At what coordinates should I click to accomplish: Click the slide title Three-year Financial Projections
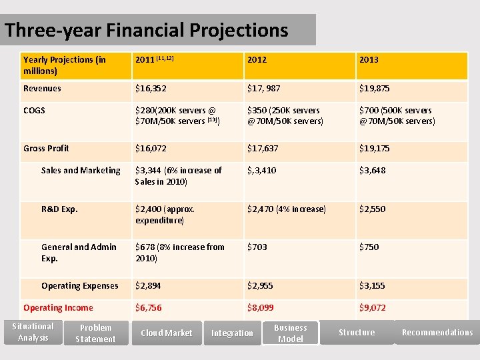[147, 31]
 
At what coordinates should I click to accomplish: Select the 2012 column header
[257, 60]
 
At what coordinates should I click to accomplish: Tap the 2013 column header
[369, 60]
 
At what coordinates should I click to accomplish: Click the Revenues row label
[42, 89]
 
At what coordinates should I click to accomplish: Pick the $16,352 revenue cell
[151, 89]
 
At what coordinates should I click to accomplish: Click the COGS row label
[34, 111]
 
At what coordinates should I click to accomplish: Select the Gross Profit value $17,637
[263, 149]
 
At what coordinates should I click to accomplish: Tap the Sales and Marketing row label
[81, 171]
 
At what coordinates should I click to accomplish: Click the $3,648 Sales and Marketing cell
[373, 171]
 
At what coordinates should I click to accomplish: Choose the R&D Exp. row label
[59, 209]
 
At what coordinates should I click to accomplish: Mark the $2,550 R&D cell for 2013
[372, 209]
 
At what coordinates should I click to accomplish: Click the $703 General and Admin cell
[257, 247]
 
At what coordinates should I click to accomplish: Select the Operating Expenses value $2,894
[148, 286]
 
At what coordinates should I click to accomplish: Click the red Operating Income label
[58, 308]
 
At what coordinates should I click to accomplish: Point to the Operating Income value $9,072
[372, 308]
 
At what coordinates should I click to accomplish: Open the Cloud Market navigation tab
[166, 333]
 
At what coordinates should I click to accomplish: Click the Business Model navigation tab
[290, 333]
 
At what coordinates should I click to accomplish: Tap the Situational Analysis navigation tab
[33, 332]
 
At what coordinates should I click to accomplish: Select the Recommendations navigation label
[437, 333]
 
